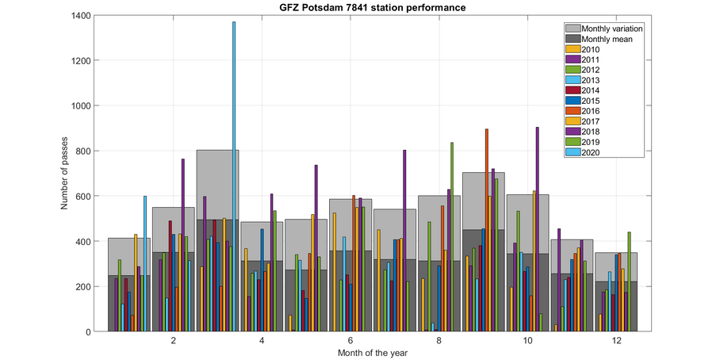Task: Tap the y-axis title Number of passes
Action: point(65,173)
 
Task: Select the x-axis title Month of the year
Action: point(372,352)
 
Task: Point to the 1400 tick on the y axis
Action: point(79,15)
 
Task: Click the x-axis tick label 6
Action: point(350,340)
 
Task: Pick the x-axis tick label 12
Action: point(615,340)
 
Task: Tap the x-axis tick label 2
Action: point(173,340)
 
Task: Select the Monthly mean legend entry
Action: point(607,39)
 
